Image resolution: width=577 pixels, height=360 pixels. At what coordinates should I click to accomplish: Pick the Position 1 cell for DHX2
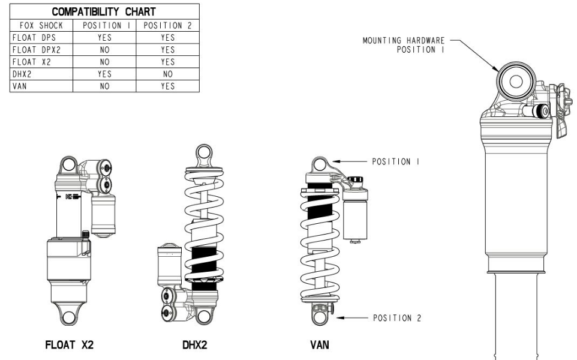[105, 74]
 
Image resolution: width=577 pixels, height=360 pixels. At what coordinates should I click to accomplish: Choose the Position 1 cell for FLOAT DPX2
[105, 50]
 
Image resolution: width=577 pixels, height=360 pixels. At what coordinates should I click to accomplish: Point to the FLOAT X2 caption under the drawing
[70, 345]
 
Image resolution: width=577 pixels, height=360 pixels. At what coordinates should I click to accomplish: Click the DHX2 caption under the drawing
[195, 346]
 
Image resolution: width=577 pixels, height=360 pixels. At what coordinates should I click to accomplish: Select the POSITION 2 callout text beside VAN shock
[396, 319]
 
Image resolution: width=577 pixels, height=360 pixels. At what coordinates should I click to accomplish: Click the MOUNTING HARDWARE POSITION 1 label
[403, 46]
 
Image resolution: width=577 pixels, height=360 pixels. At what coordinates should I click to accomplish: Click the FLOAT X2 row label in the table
[26, 62]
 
